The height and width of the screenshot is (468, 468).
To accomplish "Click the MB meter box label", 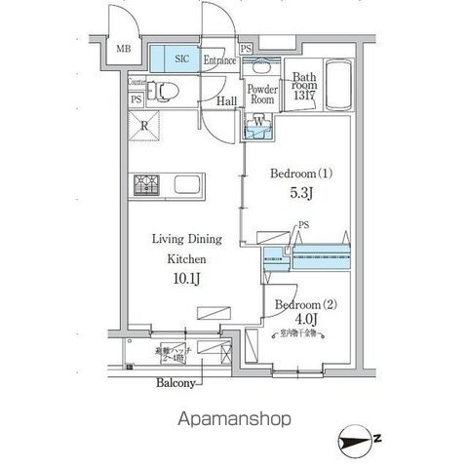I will [x=125, y=50].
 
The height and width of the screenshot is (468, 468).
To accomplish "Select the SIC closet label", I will [x=181, y=59].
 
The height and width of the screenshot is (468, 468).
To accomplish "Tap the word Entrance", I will [x=220, y=60].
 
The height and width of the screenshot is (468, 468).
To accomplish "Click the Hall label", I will [x=228, y=100].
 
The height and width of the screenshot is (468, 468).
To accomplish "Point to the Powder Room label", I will [x=261, y=94].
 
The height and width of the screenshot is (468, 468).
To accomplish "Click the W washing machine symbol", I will [x=258, y=123].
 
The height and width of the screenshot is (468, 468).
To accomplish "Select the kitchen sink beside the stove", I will [x=186, y=184].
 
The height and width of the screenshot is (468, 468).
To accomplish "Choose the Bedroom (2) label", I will [x=305, y=304].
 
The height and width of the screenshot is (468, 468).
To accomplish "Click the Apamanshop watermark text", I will [x=234, y=419].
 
